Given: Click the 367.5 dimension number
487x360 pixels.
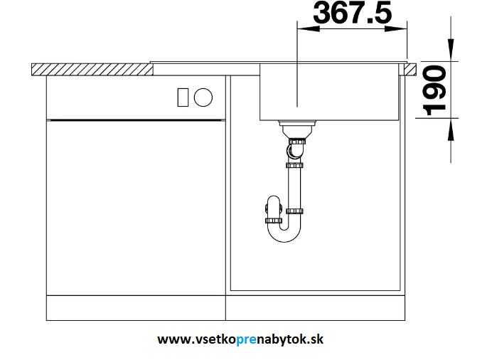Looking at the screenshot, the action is (x=353, y=13).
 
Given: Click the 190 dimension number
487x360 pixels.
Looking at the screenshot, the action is (x=435, y=90).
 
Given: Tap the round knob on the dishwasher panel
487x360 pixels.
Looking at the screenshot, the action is (x=203, y=97).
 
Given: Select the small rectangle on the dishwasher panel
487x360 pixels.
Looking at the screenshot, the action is (x=183, y=97).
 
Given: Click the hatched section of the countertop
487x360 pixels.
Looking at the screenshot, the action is (x=92, y=69).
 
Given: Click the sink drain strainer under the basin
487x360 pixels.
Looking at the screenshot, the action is (x=297, y=129).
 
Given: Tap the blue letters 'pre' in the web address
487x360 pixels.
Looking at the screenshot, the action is (x=247, y=339).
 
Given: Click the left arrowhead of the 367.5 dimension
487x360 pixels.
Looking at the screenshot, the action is (x=309, y=28).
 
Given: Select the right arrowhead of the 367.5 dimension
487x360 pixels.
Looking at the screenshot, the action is (x=396, y=28).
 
